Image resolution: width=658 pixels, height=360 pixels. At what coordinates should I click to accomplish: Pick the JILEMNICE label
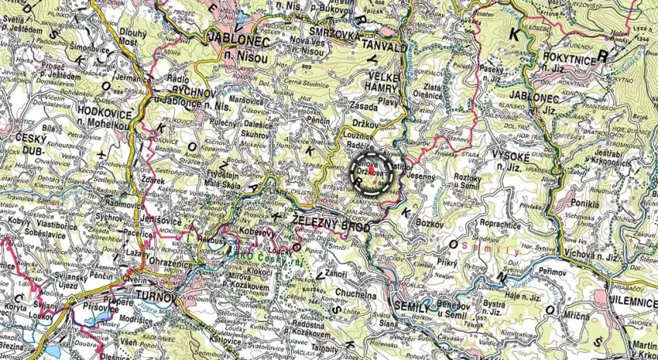[630, 302]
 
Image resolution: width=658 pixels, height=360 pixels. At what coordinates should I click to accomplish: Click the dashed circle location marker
[371, 172]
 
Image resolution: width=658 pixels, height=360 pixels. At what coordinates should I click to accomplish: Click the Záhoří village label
[336, 274]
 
